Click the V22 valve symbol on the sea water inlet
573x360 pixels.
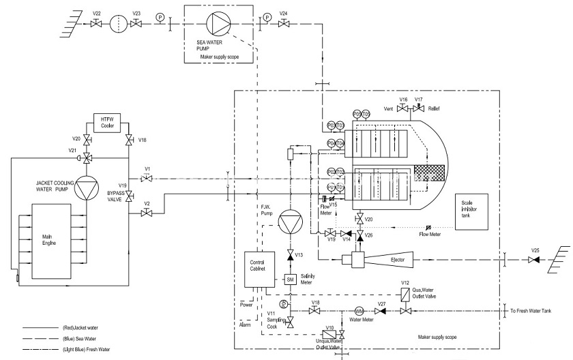pos(96,23)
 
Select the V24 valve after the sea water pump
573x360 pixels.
pos(283,23)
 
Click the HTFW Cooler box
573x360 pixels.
pos(107,123)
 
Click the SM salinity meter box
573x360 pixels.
pos(289,280)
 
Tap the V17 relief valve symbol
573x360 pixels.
pos(419,108)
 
